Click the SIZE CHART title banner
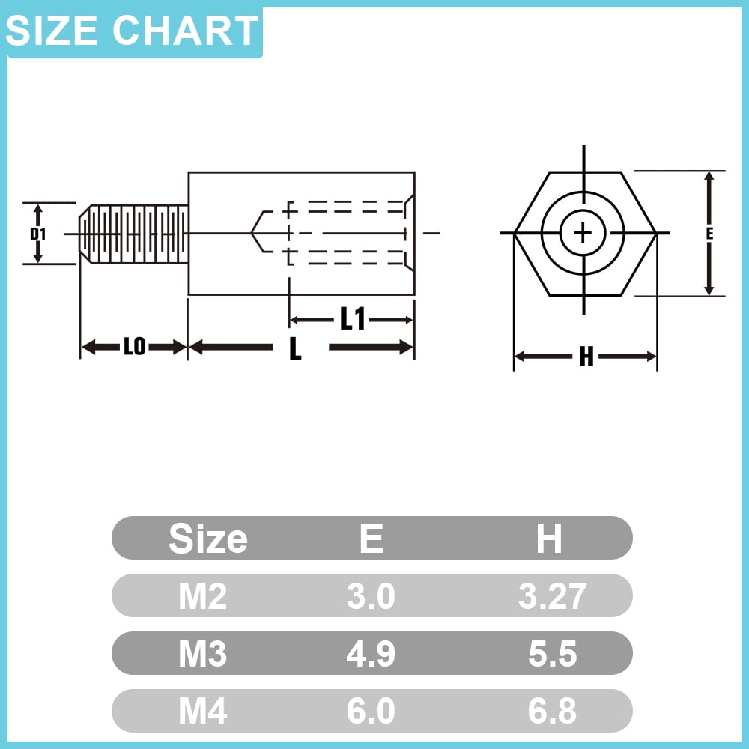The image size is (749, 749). [x=133, y=31]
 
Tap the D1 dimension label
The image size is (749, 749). [x=38, y=234]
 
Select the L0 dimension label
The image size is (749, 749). [x=134, y=347]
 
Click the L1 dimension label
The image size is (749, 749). [x=352, y=320]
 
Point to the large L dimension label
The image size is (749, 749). [x=296, y=348]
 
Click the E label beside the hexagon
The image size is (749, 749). [x=709, y=234]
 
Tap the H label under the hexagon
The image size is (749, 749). [x=586, y=358]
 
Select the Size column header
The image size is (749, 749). [x=208, y=539]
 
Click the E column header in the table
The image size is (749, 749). [x=372, y=539]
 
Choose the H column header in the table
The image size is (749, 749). [x=549, y=539]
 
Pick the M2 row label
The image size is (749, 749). [x=202, y=596]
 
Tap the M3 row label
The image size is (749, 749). [x=202, y=654]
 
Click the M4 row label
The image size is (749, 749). [x=202, y=712]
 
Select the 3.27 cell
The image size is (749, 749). [x=552, y=596]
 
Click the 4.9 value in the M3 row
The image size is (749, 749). [x=371, y=654]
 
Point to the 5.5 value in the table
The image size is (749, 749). [x=552, y=654]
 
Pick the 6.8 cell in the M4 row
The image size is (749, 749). [x=552, y=712]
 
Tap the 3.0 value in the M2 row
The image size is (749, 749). [x=371, y=596]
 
